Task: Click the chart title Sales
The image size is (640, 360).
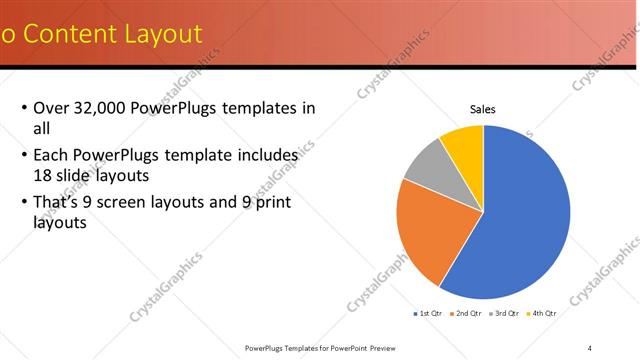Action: [483, 109]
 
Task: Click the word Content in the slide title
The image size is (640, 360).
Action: [66, 34]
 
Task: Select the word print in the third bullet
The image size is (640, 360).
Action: [284, 202]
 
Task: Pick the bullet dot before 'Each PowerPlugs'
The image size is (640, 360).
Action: [24, 156]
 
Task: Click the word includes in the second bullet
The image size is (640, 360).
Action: [265, 156]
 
